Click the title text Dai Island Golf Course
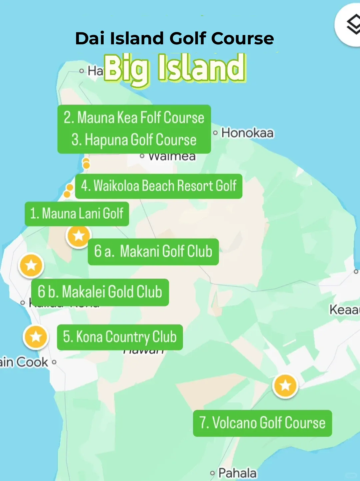click(174, 38)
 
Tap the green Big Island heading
click(175, 68)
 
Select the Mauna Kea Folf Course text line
click(134, 118)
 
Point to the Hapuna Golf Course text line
click(134, 140)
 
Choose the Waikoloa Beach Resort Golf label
click(159, 186)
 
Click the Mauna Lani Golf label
click(77, 214)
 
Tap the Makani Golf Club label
click(153, 252)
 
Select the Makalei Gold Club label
click(100, 292)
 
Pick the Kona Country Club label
click(120, 337)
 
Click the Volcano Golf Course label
click(262, 423)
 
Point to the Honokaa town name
click(247, 133)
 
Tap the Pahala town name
click(237, 473)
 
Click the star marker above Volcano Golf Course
click(285, 386)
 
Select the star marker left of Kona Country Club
click(36, 337)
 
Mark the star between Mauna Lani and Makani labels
click(79, 236)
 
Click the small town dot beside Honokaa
click(215, 133)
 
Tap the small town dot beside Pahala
click(212, 473)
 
